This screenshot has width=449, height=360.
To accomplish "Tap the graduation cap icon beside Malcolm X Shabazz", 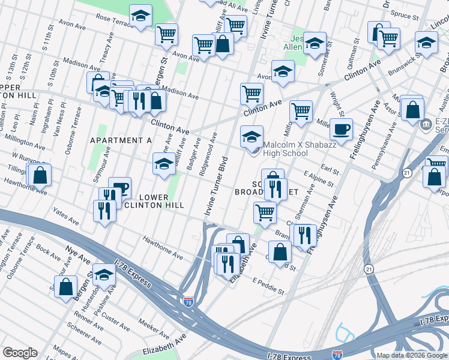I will [252, 136].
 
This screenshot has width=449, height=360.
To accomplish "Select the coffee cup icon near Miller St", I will [341, 128].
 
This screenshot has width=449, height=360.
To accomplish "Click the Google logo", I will [20, 353].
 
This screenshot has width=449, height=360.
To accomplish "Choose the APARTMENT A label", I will [121, 140].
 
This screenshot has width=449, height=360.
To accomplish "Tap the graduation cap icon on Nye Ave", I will [104, 274].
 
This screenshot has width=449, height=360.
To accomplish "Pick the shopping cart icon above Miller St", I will [300, 110].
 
